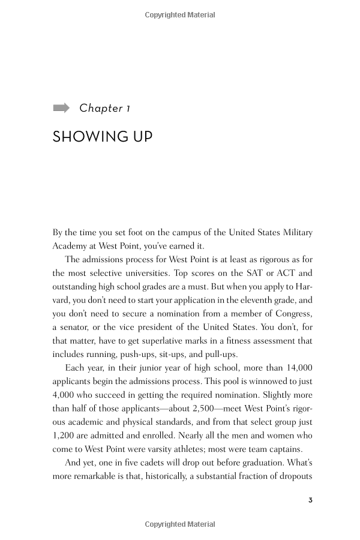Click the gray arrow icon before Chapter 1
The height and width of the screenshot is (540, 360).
point(61,108)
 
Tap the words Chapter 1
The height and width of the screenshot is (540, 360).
point(105,108)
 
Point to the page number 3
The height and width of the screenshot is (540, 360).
point(310,500)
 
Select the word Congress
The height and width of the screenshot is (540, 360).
point(290,314)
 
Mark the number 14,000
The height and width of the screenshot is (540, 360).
point(294,368)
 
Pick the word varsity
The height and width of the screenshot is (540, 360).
point(163,450)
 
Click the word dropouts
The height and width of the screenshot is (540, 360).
point(292,477)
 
